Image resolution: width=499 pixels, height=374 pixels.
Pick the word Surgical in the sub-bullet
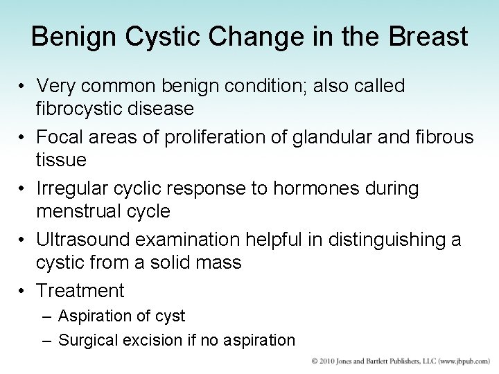(86, 340)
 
